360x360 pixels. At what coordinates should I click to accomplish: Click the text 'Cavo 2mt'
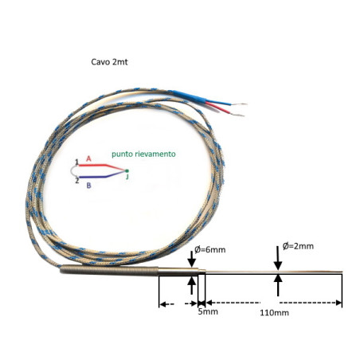pyautogui.click(x=109, y=62)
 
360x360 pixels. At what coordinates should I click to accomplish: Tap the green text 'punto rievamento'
pyautogui.click(x=143, y=154)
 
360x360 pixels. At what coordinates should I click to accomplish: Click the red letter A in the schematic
pyautogui.click(x=88, y=158)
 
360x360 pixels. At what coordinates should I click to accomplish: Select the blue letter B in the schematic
pyautogui.click(x=88, y=186)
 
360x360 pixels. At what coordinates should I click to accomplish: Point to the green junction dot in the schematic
pyautogui.click(x=127, y=170)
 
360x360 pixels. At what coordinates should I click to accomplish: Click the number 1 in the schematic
pyautogui.click(x=76, y=162)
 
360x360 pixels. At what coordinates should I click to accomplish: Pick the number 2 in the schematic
pyautogui.click(x=77, y=181)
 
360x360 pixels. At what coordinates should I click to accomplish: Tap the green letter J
pyautogui.click(x=127, y=177)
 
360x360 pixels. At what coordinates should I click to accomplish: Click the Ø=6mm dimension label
pyautogui.click(x=210, y=250)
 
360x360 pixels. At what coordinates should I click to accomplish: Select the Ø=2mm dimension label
pyautogui.click(x=298, y=246)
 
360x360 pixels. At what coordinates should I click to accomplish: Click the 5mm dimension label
pyautogui.click(x=208, y=311)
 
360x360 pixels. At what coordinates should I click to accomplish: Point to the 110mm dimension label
pyautogui.click(x=274, y=313)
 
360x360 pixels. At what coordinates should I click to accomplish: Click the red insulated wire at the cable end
pyautogui.click(x=219, y=108)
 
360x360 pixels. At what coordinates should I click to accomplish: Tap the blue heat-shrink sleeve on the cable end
pyautogui.click(x=190, y=97)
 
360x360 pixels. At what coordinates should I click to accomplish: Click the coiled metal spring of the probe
pyautogui.click(x=109, y=270)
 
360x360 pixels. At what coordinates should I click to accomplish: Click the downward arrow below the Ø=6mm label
pyautogui.click(x=192, y=259)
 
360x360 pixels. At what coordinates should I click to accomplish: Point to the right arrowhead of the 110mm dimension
pyautogui.click(x=339, y=303)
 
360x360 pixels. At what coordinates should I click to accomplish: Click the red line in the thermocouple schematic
pyautogui.click(x=102, y=166)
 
